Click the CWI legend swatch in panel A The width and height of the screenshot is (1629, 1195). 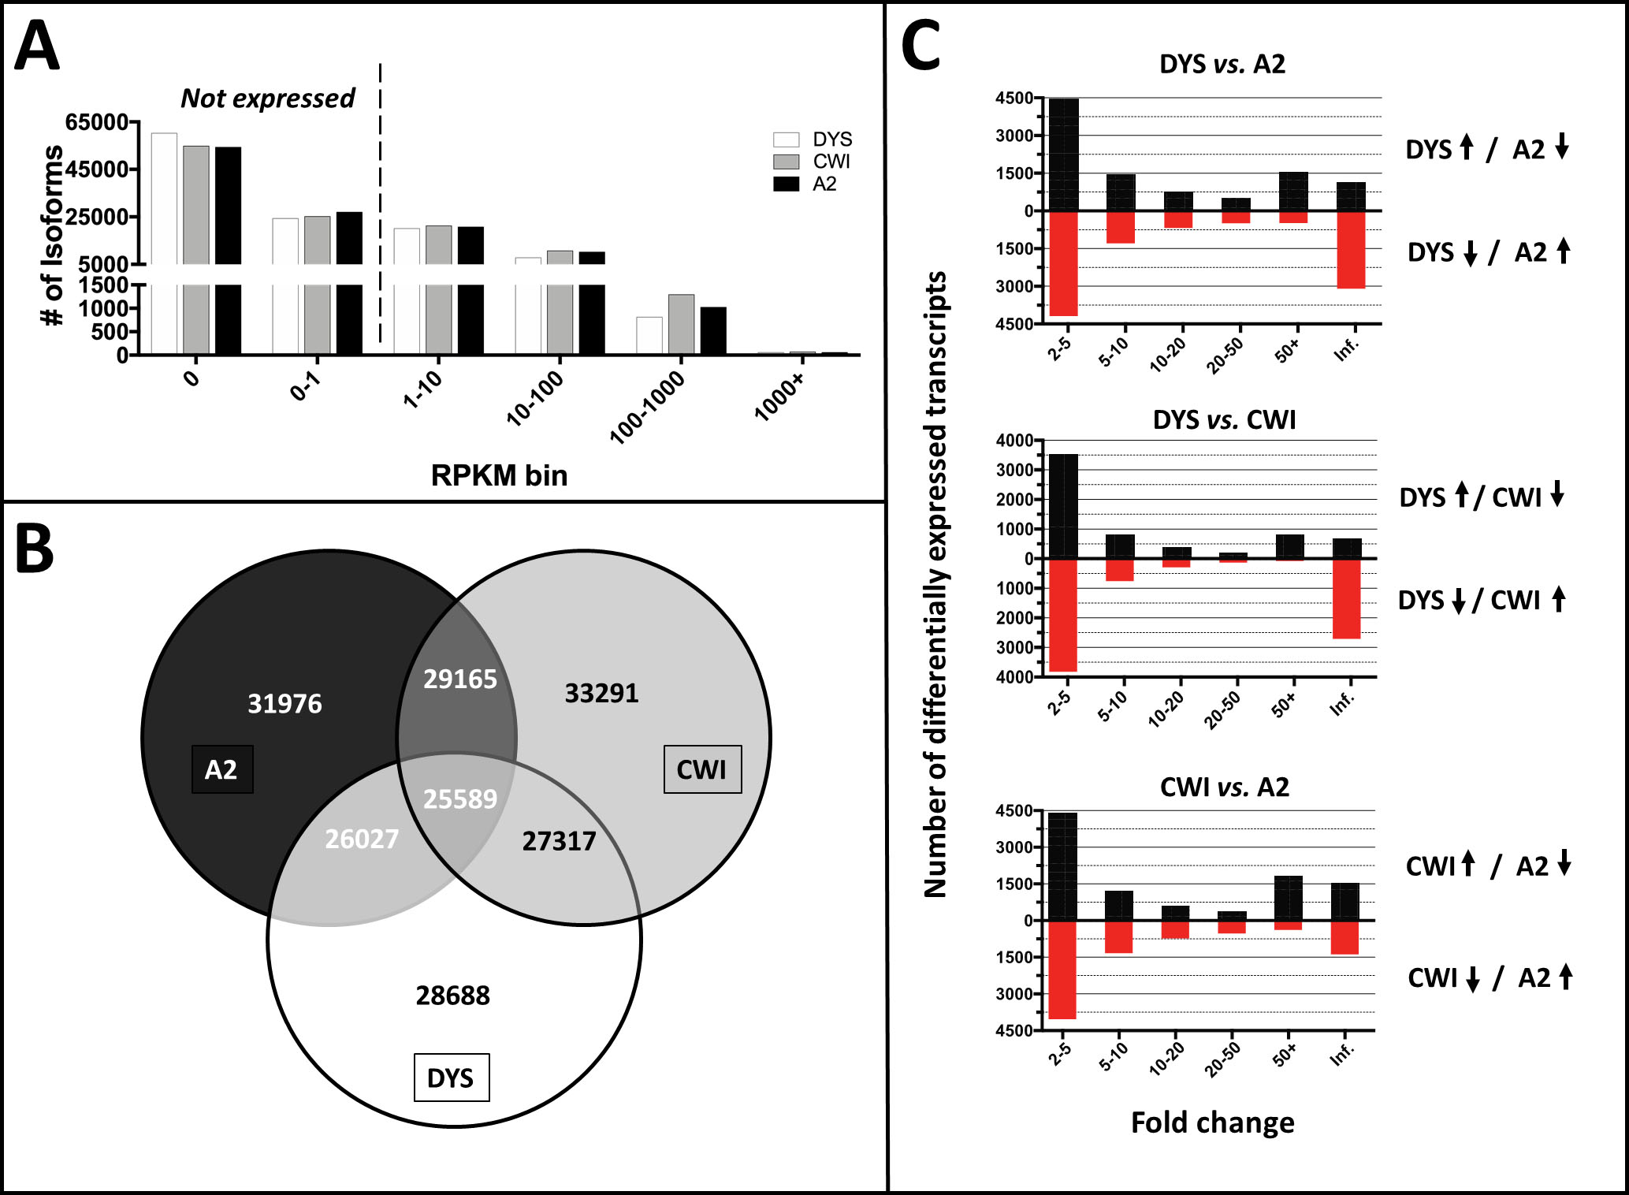coord(786,162)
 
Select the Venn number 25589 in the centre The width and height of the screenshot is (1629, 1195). coord(460,799)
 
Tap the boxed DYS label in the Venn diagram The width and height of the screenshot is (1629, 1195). coord(451,1078)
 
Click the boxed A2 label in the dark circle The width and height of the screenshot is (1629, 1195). coord(221,769)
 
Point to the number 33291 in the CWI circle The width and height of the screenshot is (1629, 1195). coord(601,694)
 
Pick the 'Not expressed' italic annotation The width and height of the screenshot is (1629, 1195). coord(267,99)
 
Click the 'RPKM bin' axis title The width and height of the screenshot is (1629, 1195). coord(499,475)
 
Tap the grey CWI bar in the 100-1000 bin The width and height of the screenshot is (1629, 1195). coord(681,324)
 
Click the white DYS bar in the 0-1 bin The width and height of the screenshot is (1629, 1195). coord(285,285)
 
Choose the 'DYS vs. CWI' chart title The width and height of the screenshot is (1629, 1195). coord(1224,420)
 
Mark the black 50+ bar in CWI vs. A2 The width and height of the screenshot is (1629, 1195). coord(1288,898)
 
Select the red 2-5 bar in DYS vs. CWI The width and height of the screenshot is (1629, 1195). coord(1062,615)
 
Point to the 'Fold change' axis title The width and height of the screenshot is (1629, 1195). coord(1212,1122)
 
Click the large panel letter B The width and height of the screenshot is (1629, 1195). coord(35,549)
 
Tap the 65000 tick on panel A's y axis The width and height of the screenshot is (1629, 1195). coord(96,122)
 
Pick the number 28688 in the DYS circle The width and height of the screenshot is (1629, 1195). coord(452,996)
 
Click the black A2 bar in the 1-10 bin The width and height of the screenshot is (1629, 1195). coord(470,289)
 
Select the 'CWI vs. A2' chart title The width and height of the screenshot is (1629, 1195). coord(1224,787)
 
